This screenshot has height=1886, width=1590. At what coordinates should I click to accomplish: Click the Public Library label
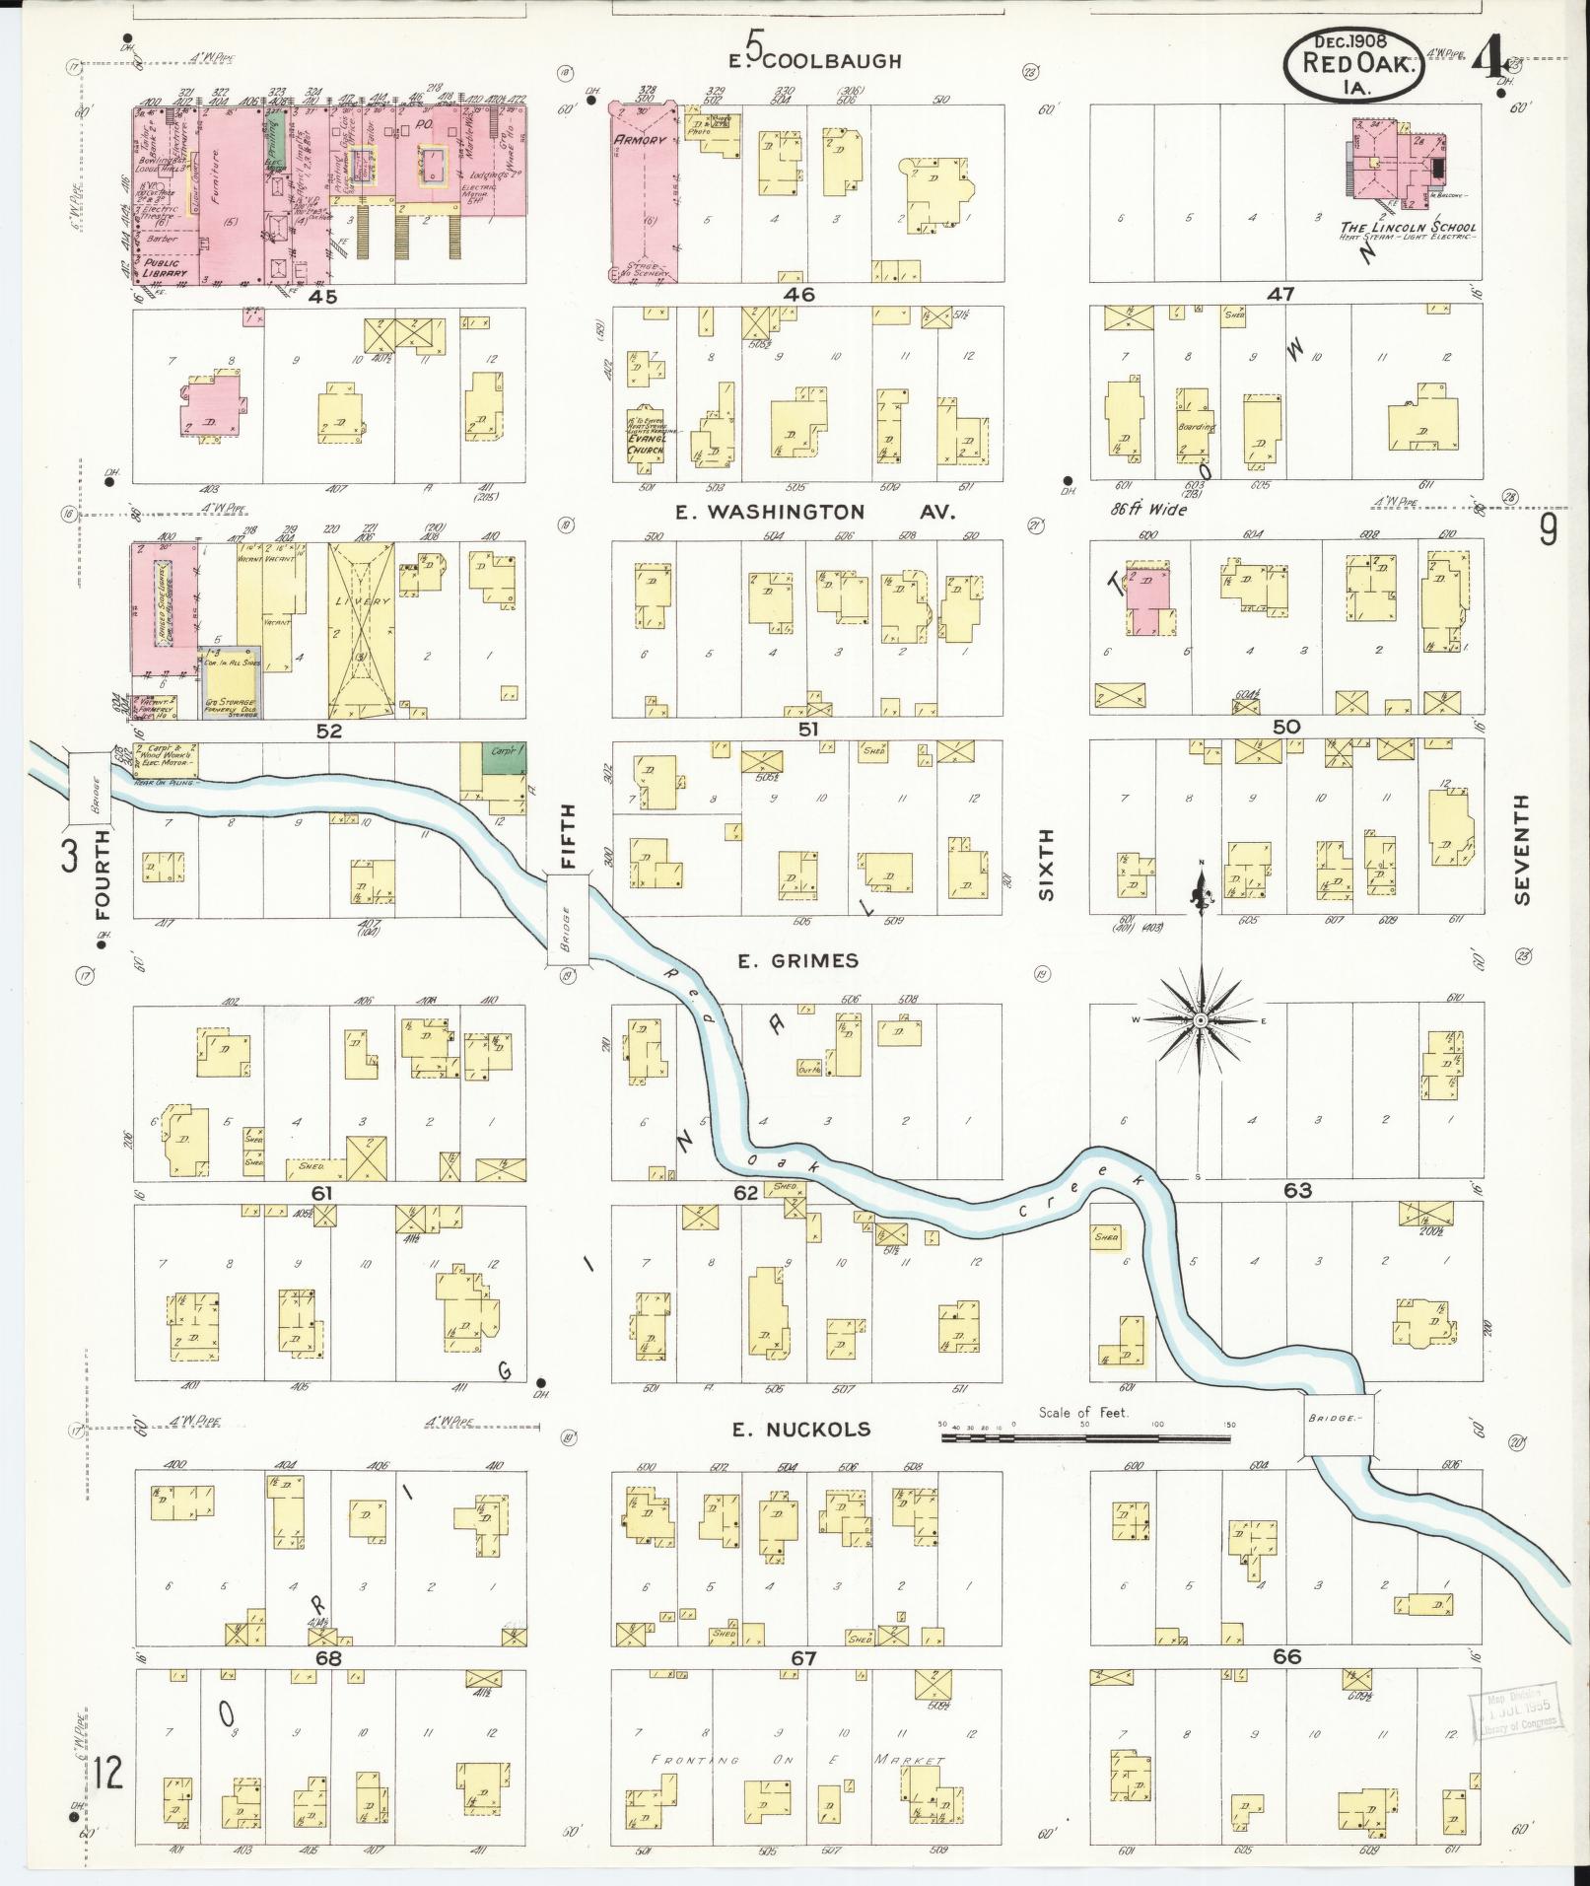[x=165, y=267]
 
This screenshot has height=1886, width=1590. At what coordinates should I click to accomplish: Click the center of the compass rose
[x=1201, y=1021]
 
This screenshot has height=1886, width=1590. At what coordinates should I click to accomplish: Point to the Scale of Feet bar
[x=1085, y=1439]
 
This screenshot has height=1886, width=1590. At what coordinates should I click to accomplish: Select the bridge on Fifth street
[x=568, y=918]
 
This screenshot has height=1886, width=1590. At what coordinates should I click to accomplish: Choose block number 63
[x=1296, y=1190]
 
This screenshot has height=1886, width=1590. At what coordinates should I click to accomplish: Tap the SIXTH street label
[x=1045, y=864]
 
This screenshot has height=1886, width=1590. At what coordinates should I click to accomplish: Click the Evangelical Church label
[x=646, y=443]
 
